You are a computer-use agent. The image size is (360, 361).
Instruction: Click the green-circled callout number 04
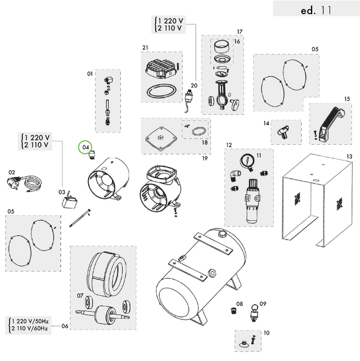tap(85, 148)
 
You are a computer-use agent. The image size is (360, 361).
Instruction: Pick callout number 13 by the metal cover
tap(349, 156)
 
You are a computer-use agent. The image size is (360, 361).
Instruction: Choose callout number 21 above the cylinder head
tap(145, 47)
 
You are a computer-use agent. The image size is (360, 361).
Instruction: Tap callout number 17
tap(239, 32)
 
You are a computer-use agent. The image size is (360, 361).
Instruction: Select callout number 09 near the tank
tap(263, 304)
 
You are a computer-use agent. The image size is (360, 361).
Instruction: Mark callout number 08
tap(240, 304)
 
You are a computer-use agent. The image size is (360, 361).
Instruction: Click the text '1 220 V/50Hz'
tap(30, 321)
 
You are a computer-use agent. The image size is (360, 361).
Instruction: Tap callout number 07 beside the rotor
tap(80, 296)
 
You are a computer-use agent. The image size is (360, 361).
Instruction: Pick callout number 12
tap(229, 145)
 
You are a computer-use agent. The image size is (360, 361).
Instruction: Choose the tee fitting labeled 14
tap(282, 132)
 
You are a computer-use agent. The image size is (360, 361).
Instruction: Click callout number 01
tap(89, 74)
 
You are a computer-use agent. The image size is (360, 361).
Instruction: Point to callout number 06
tap(65, 326)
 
